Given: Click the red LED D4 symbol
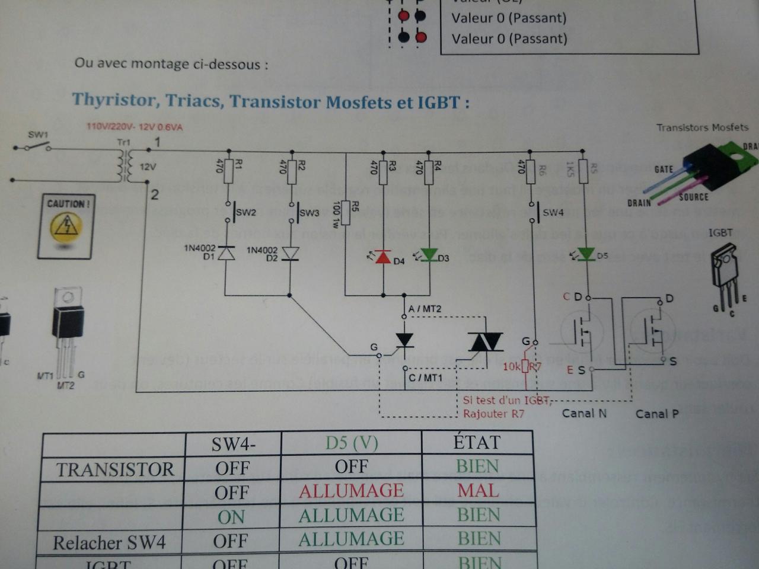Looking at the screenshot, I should (x=384, y=257).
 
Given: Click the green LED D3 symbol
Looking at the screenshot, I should (x=429, y=256).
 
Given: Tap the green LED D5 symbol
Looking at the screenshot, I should (x=586, y=254).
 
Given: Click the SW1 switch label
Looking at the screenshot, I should (x=38, y=135).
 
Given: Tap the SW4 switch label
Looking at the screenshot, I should (x=553, y=212).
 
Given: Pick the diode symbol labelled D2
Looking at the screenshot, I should (x=290, y=254).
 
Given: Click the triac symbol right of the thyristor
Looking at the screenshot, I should (x=485, y=342).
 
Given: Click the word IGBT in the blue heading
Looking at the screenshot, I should (x=438, y=103).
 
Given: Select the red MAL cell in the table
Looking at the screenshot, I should (x=478, y=491).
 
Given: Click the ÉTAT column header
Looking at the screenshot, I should (x=477, y=442).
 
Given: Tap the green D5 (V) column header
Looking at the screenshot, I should (x=352, y=443).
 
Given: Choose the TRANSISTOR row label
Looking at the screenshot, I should (x=115, y=469).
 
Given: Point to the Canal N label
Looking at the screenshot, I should (x=584, y=413).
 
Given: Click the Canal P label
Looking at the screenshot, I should (x=657, y=414).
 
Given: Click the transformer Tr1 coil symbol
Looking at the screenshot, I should (x=125, y=165).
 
